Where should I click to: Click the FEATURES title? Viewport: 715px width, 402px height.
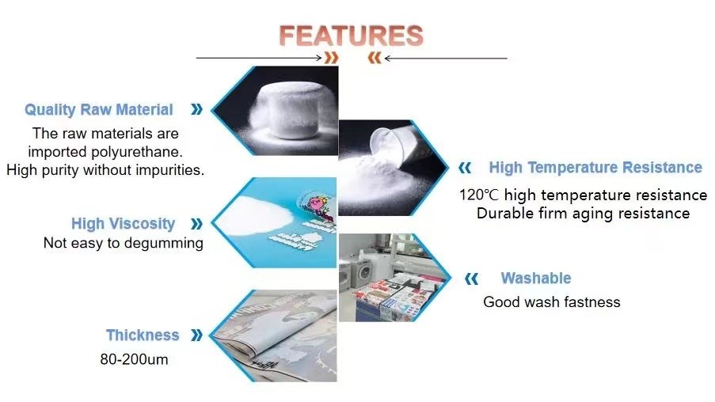pyautogui.click(x=351, y=36)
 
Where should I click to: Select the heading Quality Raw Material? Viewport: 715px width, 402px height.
pyautogui.click(x=99, y=109)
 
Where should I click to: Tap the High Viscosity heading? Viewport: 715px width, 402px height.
pyautogui.click(x=123, y=223)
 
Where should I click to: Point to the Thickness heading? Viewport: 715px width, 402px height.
pyautogui.click(x=143, y=335)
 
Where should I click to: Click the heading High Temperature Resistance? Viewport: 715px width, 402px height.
pyautogui.click(x=595, y=167)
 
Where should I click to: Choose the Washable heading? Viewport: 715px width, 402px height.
pyautogui.click(x=536, y=278)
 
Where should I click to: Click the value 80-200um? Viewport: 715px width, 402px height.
pyautogui.click(x=134, y=359)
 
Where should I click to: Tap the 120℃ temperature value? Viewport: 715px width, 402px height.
pyautogui.click(x=479, y=195)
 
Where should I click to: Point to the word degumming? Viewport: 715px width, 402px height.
pyautogui.click(x=163, y=243)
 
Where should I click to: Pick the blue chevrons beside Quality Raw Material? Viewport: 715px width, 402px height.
pyautogui.click(x=196, y=109)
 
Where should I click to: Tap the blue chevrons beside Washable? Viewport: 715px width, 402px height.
pyautogui.click(x=471, y=279)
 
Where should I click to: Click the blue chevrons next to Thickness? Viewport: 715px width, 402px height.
pyautogui.click(x=196, y=335)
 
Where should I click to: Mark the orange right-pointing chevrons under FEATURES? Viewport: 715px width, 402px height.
pyautogui.click(x=332, y=58)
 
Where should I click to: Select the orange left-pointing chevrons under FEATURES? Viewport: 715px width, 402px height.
pyautogui.click(x=375, y=58)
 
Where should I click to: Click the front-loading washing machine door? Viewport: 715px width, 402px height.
pyautogui.click(x=365, y=272)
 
